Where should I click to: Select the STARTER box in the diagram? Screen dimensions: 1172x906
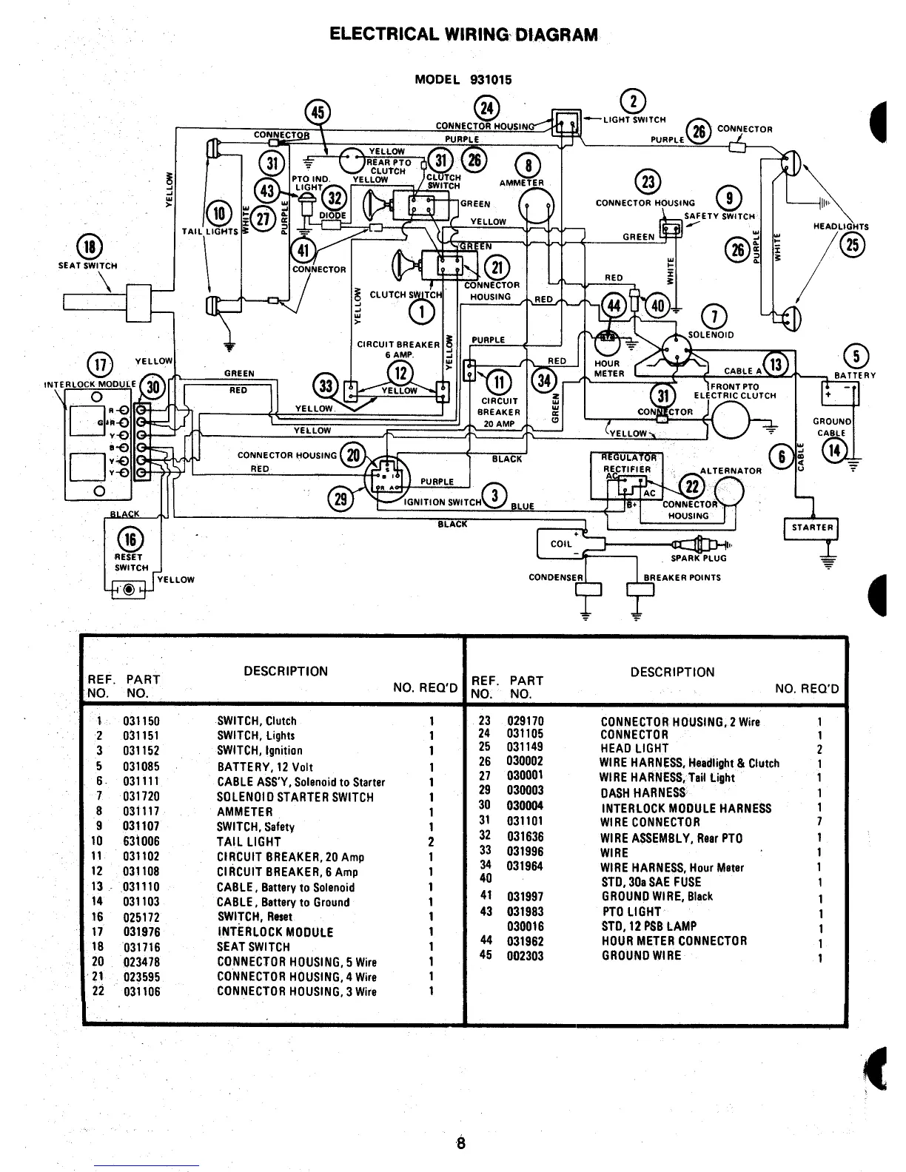pos(811,528)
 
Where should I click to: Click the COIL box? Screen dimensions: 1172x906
pos(561,544)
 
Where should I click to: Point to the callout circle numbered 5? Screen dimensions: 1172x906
pos(856,357)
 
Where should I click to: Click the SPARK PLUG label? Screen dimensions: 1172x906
pos(698,559)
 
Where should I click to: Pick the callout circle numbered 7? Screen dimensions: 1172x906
pos(714,316)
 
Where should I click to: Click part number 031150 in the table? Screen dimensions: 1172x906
pos(141,721)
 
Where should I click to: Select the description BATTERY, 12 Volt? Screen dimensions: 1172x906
pos(266,767)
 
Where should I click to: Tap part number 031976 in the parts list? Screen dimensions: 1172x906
pos(141,932)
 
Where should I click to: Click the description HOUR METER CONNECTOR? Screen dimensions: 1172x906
pos(674,941)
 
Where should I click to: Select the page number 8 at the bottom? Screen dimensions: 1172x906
pos(460,1143)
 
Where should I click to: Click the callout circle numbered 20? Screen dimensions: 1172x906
pos(353,455)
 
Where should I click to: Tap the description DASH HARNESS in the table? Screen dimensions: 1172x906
pos(643,792)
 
